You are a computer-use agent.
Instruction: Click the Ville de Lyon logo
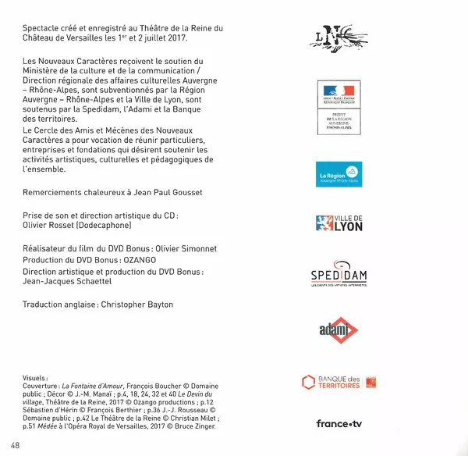click(339, 223)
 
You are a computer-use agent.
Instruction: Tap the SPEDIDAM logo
click(339, 276)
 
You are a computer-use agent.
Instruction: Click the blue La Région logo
click(338, 174)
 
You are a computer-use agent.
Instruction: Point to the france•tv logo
click(339, 424)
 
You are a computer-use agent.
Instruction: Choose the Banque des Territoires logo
click(339, 382)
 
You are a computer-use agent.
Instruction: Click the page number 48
click(16, 445)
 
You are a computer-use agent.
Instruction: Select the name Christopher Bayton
click(145, 305)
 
